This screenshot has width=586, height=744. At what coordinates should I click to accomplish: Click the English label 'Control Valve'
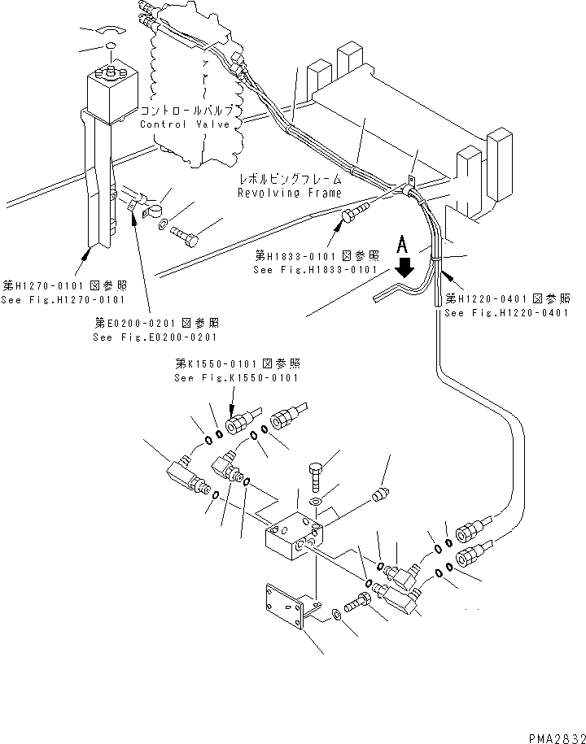click(185, 124)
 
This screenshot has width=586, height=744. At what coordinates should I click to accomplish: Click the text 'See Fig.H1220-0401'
click(507, 312)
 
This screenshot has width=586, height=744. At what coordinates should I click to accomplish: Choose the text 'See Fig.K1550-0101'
click(237, 377)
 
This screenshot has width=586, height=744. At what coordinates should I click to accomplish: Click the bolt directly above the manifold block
click(317, 476)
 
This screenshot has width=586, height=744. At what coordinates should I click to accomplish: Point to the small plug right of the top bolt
click(377, 494)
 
